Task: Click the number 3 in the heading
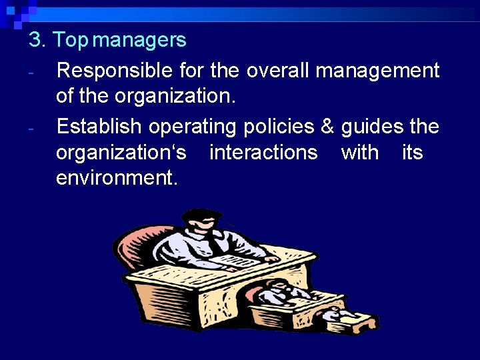pyautogui.click(x=35, y=41)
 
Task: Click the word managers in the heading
pyautogui.click(x=139, y=41)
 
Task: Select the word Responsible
pyautogui.click(x=115, y=71)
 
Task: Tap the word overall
pyautogui.click(x=271, y=71)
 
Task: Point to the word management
pyautogui.click(x=377, y=71)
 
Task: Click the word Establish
pyautogui.click(x=99, y=126)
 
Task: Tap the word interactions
pyautogui.click(x=263, y=153)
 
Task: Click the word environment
pyautogui.click(x=117, y=179)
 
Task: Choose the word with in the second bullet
pyautogui.click(x=360, y=153)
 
